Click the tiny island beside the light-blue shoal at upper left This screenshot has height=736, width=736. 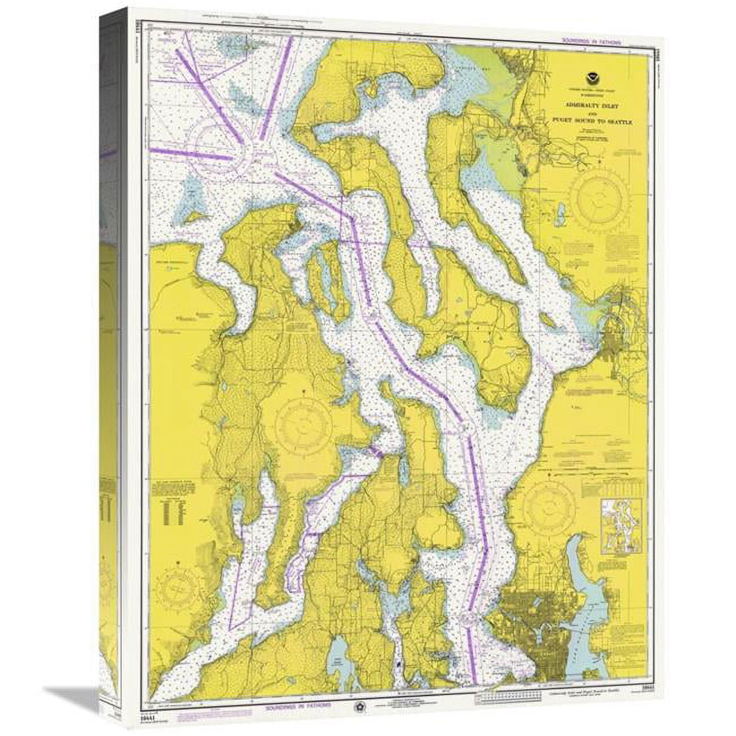(x=198, y=216)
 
